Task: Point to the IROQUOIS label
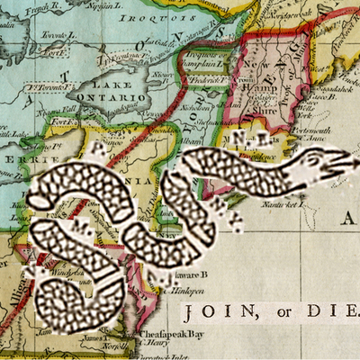(x=148, y=11)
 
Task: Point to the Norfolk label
(x=112, y=346)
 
